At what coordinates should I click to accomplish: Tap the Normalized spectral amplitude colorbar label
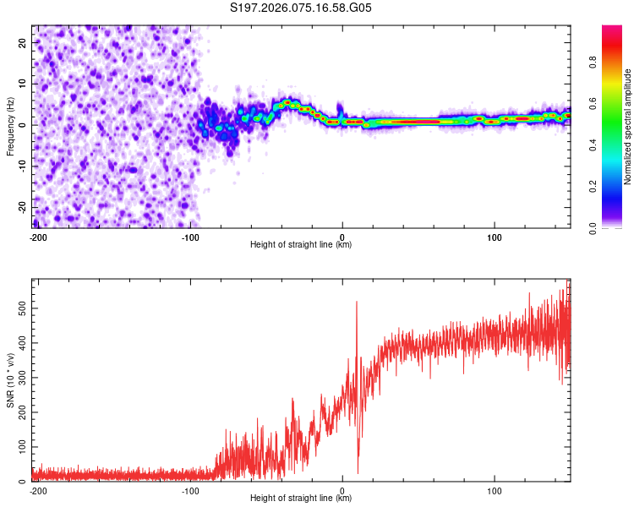[x=627, y=127]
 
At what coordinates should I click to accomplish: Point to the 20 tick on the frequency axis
[x=22, y=42]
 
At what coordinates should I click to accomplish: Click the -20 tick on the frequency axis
[x=20, y=207]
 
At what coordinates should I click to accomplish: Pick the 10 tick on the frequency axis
[x=22, y=84]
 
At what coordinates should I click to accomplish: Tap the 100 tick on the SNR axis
[x=19, y=447]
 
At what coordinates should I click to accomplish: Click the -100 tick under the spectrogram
[x=190, y=236]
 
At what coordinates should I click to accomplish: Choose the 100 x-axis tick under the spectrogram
[x=493, y=236]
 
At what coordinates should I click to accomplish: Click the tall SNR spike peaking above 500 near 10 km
[x=357, y=303]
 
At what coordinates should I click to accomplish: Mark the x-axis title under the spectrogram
[x=301, y=245]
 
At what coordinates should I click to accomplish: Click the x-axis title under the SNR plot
[x=301, y=499]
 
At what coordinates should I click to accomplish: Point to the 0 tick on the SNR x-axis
[x=342, y=489]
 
